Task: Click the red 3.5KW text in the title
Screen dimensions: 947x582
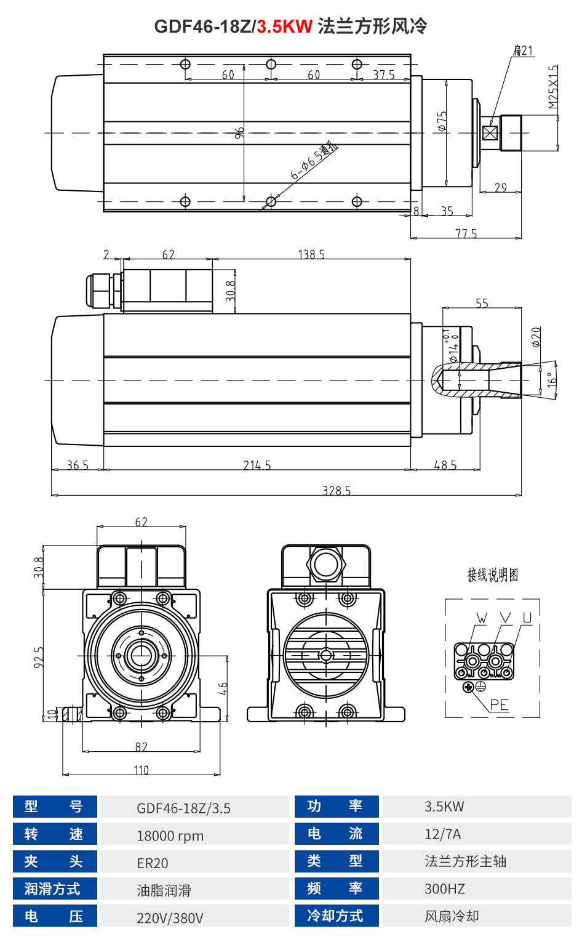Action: point(285,26)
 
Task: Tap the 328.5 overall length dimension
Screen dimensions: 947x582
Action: point(337,490)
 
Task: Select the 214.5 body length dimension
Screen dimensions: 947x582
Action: point(257,465)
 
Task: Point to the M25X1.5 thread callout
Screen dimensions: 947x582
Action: point(553,87)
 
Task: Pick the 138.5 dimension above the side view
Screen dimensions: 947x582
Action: point(311,254)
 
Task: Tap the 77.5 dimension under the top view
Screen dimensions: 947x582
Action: point(466,233)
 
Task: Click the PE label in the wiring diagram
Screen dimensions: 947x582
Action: point(499,705)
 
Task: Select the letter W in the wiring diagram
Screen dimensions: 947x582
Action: point(482,618)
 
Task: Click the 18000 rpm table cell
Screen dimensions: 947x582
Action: point(170,836)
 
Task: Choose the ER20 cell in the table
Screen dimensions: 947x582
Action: point(153,863)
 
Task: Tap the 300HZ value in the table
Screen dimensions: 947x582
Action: point(445,889)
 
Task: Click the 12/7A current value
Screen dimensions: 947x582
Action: point(442,834)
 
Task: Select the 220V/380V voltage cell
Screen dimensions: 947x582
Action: point(170,918)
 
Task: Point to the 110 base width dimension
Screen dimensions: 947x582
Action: point(142,770)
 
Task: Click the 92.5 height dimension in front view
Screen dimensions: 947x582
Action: point(39,656)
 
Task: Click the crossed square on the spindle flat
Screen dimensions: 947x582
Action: point(490,133)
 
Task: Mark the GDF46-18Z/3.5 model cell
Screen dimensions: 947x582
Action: point(183,808)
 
